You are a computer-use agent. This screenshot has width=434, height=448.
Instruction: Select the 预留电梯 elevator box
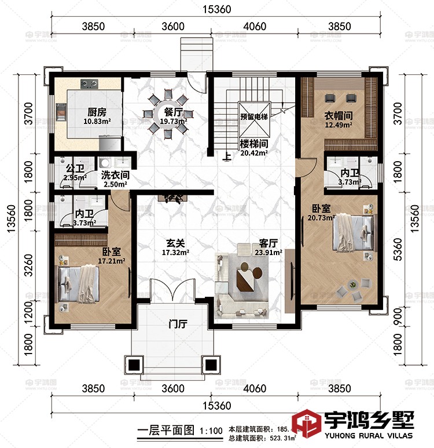point(254,116)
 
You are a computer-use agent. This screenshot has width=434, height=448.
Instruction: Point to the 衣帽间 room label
point(339,116)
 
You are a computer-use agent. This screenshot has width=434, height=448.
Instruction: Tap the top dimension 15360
point(216,9)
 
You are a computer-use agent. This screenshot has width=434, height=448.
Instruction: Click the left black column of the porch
point(134,365)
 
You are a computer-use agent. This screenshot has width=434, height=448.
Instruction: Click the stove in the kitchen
point(90,84)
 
